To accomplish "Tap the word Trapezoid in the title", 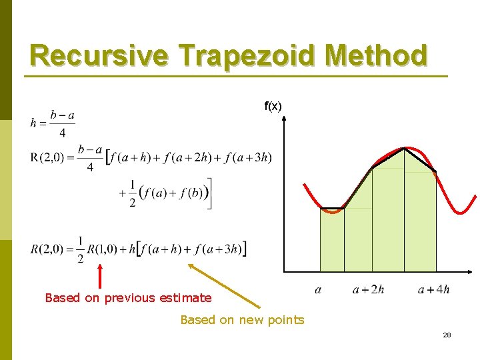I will coord(253,56).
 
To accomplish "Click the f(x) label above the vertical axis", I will coord(273,106).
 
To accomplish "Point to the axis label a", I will coord(318,289).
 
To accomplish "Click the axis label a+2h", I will coord(368,289).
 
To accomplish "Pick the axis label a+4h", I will coord(433,289).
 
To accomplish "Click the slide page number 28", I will coord(447,335).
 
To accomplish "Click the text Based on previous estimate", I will coord(128,298).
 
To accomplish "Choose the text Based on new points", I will coord(242,320).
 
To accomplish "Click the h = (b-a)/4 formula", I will coord(53,123).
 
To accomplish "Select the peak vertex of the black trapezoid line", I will coord(404,148).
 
